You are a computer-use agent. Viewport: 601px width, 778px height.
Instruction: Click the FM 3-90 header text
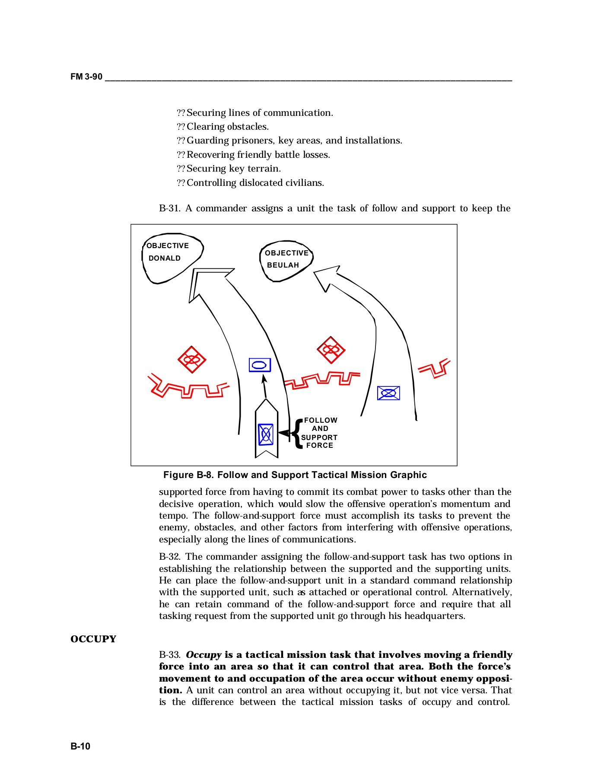coord(86,77)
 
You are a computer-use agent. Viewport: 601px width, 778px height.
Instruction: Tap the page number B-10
coord(80,746)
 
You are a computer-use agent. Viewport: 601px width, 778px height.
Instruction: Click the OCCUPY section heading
coord(93,639)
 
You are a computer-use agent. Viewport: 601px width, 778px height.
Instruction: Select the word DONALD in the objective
coord(165,258)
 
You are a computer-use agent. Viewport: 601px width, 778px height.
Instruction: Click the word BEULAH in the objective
coord(283,265)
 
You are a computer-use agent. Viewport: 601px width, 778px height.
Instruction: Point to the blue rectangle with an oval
coord(260,365)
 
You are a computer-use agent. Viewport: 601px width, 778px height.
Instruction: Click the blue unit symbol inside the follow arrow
coord(266,434)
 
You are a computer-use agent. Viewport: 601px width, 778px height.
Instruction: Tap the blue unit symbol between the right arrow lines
coord(388,393)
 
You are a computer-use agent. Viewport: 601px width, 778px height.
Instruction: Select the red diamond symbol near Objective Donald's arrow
coord(192,359)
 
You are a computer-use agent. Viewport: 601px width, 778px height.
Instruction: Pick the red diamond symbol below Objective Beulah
coord(331,350)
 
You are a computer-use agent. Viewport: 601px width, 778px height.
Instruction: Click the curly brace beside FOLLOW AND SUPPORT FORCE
coord(297,433)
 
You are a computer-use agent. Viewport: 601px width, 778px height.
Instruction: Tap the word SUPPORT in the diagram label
coord(319,437)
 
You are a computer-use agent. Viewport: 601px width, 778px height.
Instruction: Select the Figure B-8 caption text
coord(295,475)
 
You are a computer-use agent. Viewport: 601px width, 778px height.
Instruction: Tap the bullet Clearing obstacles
coord(227,127)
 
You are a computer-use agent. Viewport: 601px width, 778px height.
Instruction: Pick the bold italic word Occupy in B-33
coord(204,654)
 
